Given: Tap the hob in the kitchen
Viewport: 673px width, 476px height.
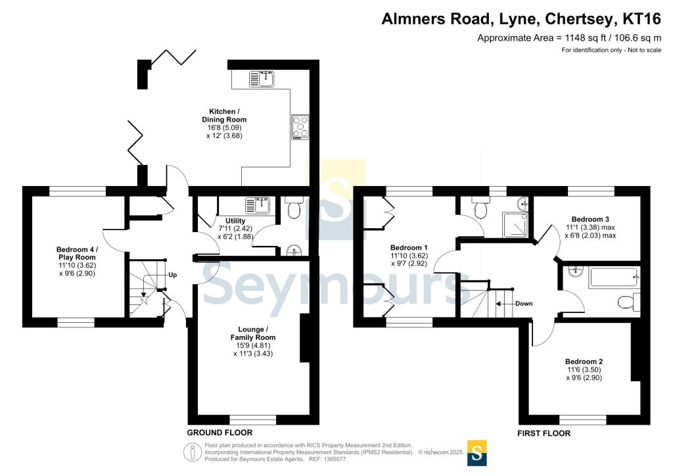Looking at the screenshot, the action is (x=300, y=127).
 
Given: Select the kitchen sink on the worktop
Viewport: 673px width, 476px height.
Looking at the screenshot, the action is (x=262, y=79).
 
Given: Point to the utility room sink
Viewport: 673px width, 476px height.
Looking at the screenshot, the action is (x=257, y=206).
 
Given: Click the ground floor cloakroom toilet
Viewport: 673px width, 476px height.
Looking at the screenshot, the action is (x=294, y=208).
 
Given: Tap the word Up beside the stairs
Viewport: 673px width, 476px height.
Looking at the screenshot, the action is (x=173, y=275).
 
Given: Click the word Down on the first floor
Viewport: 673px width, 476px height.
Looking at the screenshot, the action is (x=524, y=304).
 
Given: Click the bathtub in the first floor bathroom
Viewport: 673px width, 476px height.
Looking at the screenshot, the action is (x=615, y=277).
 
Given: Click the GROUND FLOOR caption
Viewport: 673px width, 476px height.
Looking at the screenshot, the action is (x=220, y=433).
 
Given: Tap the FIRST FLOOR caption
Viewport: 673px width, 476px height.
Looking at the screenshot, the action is (x=544, y=433).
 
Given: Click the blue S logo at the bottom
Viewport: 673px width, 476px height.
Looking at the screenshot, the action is (x=477, y=453).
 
